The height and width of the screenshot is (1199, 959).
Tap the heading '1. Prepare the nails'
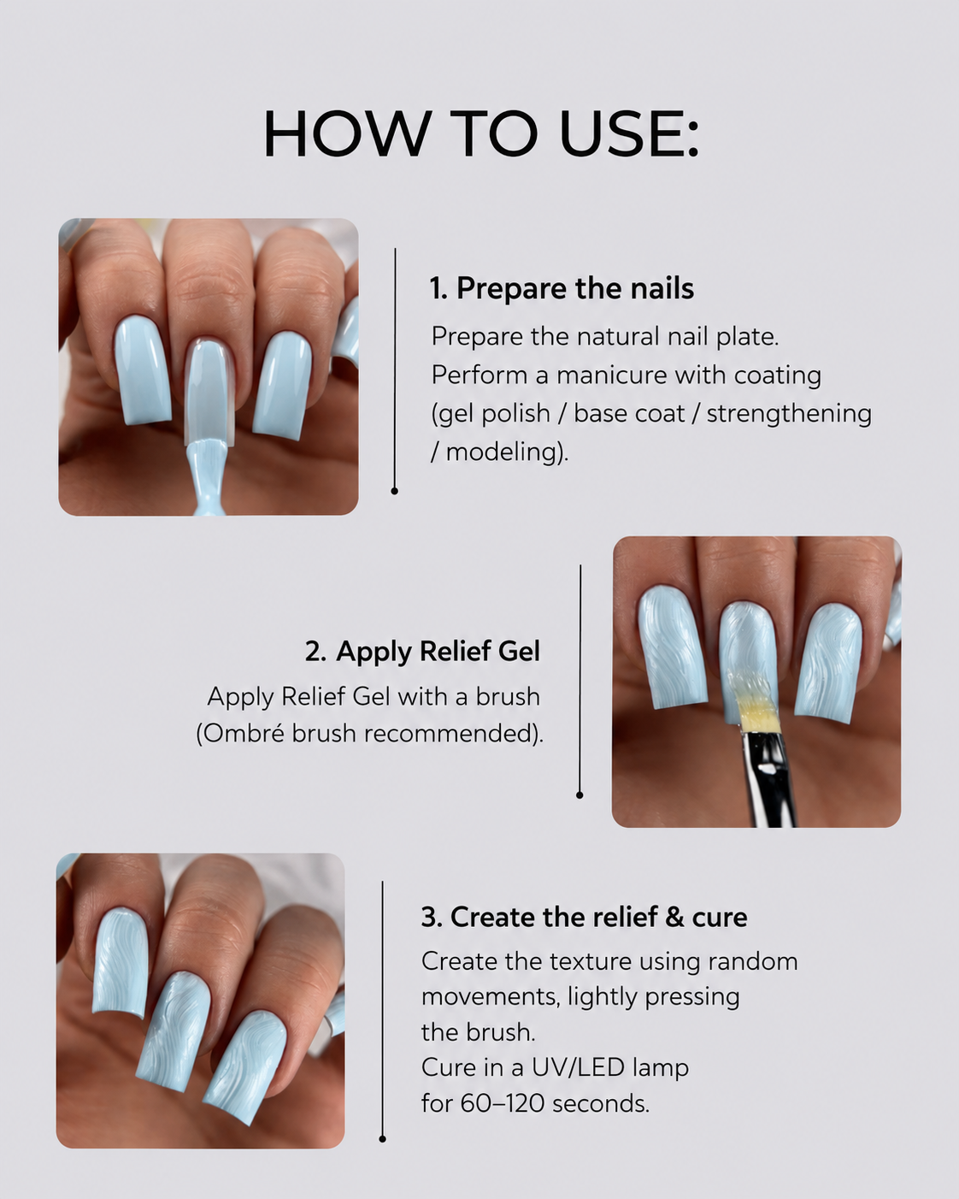pos(562,288)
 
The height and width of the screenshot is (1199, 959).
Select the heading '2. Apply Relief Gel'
pos(423,651)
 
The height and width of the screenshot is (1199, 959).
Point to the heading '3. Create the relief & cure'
pos(584,917)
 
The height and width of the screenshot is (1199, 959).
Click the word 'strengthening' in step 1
pos(789,414)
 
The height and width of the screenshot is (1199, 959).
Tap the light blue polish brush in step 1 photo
pos(208,472)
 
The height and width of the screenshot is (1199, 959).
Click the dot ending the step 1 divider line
pos(395,491)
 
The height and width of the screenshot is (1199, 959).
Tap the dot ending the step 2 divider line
pos(580,795)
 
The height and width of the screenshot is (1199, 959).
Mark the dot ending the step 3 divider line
pos(383,1139)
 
